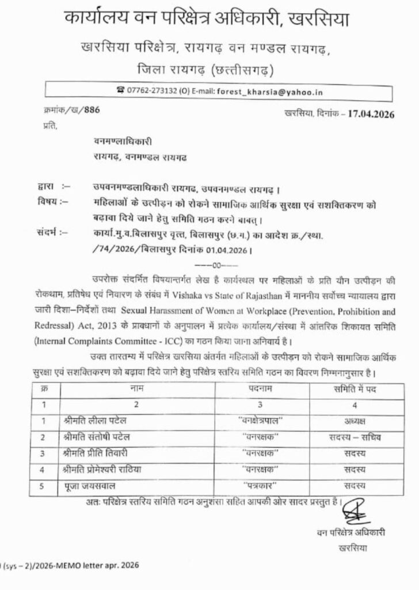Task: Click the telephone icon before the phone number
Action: [120, 90]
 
